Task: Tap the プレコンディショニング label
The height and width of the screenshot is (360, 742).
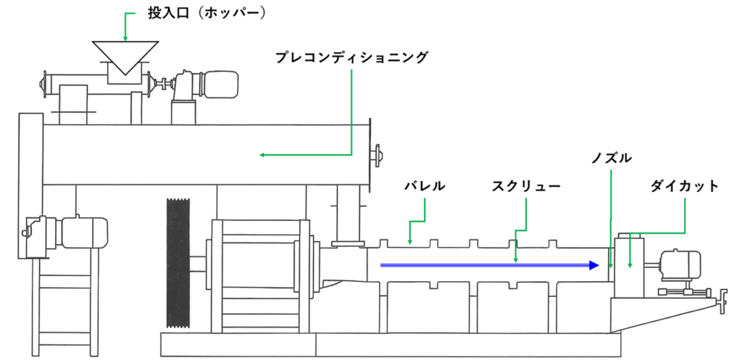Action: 351,56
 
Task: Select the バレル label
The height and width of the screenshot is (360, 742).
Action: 424,186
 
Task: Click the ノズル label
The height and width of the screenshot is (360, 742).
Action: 612,158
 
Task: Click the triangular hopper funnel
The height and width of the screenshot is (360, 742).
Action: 125,55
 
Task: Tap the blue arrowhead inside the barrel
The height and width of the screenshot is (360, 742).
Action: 593,265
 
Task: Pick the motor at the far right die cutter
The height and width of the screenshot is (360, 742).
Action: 681,264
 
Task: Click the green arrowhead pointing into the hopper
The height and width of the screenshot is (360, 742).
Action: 125,37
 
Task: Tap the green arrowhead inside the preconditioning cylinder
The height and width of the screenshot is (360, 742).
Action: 264,154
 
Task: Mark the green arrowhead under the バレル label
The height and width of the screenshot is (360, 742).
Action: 410,240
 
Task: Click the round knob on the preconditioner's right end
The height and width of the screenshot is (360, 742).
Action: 377,154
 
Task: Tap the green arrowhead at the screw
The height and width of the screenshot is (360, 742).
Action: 515,259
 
